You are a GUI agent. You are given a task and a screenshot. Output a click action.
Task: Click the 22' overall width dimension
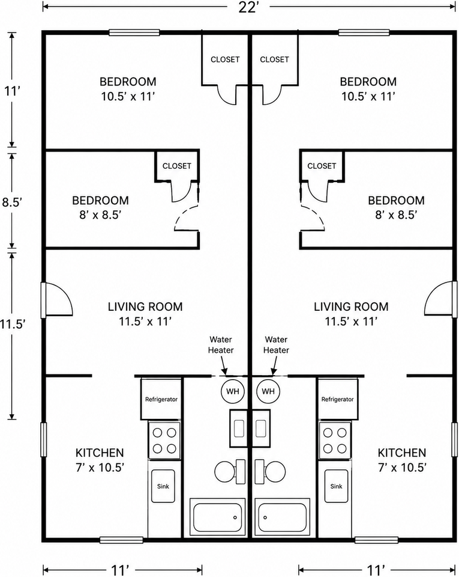coord(249,7)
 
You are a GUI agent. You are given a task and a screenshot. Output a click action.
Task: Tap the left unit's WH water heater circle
coord(232,391)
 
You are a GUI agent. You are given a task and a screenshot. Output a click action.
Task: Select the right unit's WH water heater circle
coord(268,391)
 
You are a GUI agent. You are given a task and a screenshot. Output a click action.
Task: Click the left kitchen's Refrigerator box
coord(161,399)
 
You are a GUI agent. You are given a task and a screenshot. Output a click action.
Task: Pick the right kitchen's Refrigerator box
coord(337,399)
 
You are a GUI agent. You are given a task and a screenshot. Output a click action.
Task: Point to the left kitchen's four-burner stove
coord(164,441)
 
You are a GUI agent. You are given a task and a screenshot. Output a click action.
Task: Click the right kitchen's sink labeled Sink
coord(336,486)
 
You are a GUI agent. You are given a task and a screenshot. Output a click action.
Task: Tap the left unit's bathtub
coord(217,517)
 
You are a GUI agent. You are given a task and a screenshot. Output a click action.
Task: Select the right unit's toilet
coord(271,471)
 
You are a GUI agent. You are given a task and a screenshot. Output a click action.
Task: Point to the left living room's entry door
coord(57,300)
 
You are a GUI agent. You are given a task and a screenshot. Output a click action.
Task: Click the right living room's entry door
coord(440,298)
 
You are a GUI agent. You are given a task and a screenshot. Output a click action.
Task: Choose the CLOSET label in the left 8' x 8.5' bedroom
coord(176,166)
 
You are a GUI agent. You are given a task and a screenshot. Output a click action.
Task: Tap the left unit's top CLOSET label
coord(225,60)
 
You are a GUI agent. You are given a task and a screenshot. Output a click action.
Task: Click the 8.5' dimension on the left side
coord(13,202)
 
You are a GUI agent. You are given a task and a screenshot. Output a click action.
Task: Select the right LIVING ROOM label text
coord(350,307)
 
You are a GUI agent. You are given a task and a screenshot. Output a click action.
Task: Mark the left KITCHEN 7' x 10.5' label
coord(100,460)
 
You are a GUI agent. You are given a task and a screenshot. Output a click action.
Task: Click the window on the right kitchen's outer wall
coord(455,440)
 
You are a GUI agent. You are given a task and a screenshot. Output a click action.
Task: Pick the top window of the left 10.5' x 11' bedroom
coord(134,32)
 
